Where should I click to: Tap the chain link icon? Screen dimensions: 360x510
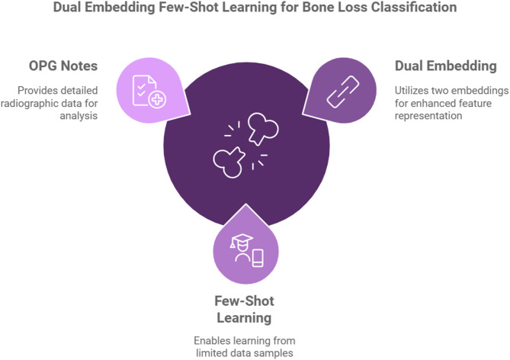[338, 91]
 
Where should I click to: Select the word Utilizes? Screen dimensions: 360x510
[413, 90]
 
